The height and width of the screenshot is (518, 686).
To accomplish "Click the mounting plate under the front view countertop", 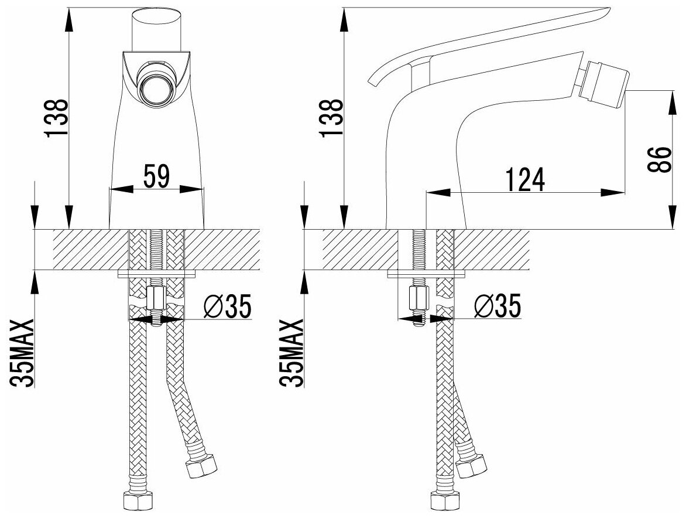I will [x=156, y=273].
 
